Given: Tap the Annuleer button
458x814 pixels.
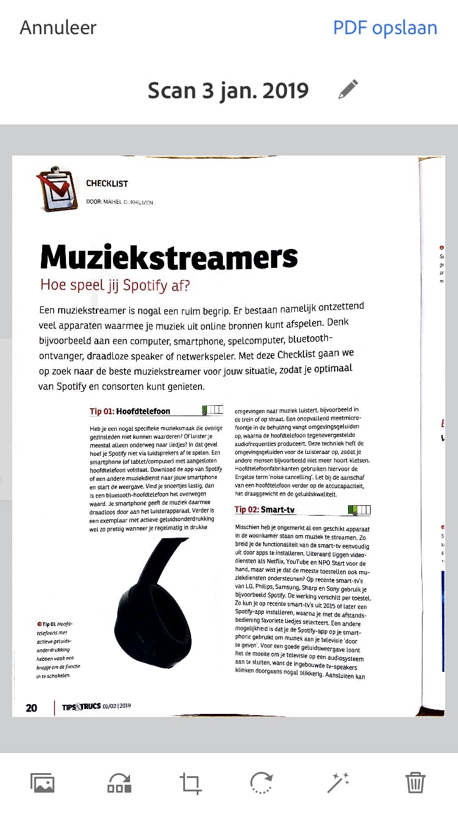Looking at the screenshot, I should (58, 27).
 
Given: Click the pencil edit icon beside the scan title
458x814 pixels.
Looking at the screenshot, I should (348, 90).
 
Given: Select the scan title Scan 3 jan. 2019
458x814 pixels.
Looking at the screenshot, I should (228, 91).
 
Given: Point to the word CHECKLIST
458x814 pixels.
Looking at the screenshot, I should (107, 183).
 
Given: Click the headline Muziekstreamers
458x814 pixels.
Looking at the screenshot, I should (169, 258).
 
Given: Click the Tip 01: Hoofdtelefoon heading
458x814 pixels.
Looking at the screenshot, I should (129, 411).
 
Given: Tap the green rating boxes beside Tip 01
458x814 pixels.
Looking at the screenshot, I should (211, 410).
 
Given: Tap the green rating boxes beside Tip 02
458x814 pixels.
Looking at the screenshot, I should (358, 510).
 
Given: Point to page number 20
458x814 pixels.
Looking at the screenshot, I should (31, 708).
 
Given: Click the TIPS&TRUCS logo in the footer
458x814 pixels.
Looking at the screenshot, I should (81, 707).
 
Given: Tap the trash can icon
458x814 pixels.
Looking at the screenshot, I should (415, 782).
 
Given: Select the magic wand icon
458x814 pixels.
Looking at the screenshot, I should (338, 782).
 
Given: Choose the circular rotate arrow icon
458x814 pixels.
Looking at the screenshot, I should (262, 782).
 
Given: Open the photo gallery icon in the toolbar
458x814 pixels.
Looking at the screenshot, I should (43, 782).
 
